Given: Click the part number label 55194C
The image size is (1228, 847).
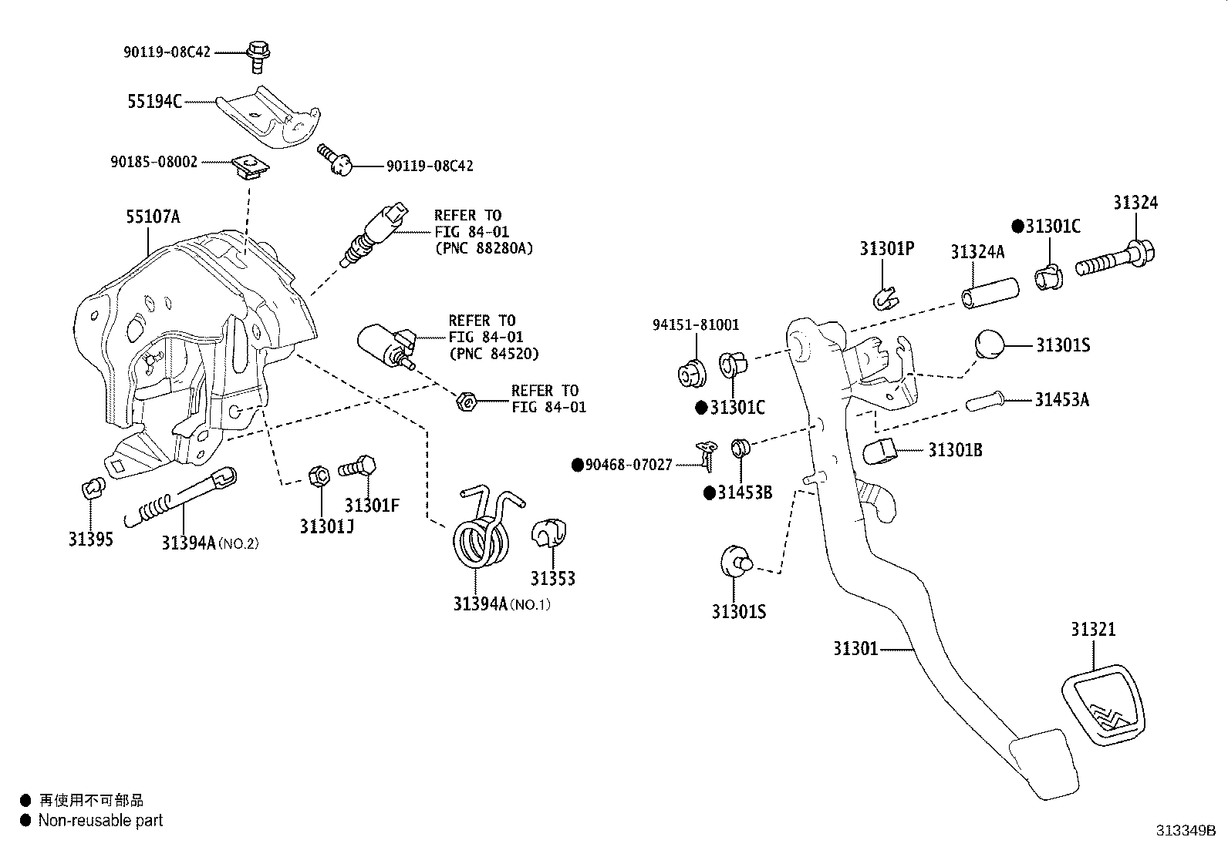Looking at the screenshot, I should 154,101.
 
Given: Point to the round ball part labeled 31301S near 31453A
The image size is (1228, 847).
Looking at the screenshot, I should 990,343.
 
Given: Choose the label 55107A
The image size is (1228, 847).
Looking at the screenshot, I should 153,217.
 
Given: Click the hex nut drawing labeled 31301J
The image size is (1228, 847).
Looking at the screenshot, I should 317,475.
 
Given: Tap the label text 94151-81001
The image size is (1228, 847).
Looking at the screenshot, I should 695,324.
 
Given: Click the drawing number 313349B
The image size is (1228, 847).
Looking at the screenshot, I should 1185,831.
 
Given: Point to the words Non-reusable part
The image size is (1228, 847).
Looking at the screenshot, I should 100,821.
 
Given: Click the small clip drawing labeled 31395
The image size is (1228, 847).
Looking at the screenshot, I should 92,488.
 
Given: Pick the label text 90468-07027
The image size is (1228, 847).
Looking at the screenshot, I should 629,465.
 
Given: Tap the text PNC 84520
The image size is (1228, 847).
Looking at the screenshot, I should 494,354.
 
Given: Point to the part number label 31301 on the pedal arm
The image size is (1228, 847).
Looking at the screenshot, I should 855,649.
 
